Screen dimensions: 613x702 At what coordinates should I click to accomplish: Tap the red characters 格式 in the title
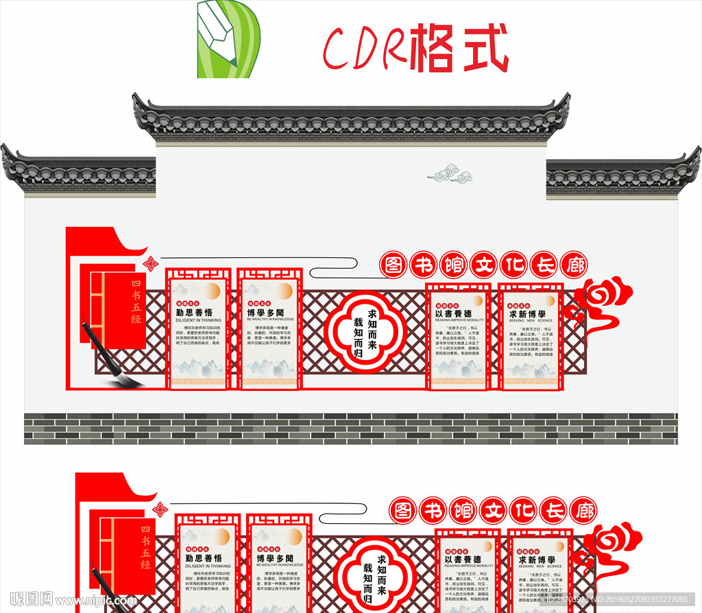point(459,49)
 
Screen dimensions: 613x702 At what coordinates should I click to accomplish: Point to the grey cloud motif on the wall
point(450,174)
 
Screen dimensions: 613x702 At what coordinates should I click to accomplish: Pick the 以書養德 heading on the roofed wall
point(453,313)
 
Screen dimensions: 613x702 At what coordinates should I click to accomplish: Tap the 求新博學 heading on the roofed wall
point(526,313)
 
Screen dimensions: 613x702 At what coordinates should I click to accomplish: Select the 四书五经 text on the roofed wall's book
point(136,302)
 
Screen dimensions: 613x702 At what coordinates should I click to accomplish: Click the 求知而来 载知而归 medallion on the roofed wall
point(365,331)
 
